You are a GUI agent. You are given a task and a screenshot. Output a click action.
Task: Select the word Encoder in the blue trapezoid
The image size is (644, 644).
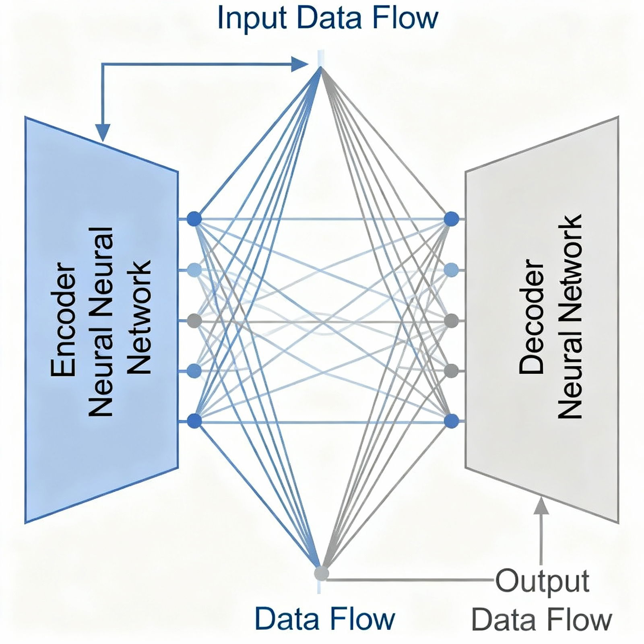(64, 320)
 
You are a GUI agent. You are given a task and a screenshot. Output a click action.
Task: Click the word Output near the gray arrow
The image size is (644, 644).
(542, 581)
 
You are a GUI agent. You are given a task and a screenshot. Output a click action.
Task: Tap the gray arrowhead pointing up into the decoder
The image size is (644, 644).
(542, 506)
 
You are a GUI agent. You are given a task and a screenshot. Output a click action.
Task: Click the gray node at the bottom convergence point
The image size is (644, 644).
(321, 573)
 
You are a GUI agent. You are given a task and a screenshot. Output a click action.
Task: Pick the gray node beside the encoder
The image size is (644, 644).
(194, 321)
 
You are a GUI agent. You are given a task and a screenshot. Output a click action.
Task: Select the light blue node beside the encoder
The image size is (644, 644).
(194, 269)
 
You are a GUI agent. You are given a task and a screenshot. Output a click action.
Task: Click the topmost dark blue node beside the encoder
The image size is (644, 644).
(194, 219)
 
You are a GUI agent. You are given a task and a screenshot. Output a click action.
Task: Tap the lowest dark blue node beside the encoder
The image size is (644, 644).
(194, 421)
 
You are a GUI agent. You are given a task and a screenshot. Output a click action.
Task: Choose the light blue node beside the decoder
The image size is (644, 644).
(451, 269)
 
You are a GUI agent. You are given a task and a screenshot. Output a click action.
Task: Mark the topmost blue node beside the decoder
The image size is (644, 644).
(451, 219)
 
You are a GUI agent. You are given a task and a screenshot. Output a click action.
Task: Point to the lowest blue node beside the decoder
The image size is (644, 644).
(451, 421)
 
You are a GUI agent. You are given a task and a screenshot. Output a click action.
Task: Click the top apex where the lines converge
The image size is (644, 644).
(321, 68)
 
